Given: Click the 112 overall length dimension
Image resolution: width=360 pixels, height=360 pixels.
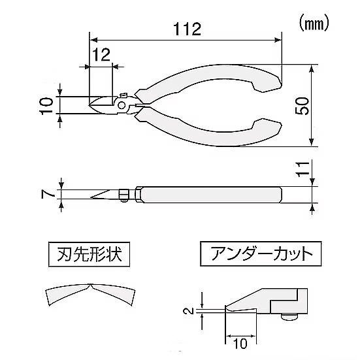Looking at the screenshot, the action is [187, 29].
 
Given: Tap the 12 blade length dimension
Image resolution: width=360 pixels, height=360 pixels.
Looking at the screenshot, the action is [101, 55].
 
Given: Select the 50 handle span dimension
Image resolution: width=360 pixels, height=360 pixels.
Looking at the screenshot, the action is [302, 106].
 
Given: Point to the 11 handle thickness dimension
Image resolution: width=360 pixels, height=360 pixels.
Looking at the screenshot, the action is [303, 169].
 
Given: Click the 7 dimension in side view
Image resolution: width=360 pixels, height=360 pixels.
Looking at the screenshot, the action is [48, 195].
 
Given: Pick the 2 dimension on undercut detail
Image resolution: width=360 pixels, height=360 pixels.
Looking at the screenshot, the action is [189, 311].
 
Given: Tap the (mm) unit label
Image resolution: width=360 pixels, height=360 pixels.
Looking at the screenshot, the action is [314, 24].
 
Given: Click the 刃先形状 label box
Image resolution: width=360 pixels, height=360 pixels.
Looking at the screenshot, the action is [90, 254].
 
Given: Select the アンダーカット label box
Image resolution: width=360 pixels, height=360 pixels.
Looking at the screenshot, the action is [261, 254].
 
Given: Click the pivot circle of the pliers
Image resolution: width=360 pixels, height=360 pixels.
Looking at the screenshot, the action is [122, 105].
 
